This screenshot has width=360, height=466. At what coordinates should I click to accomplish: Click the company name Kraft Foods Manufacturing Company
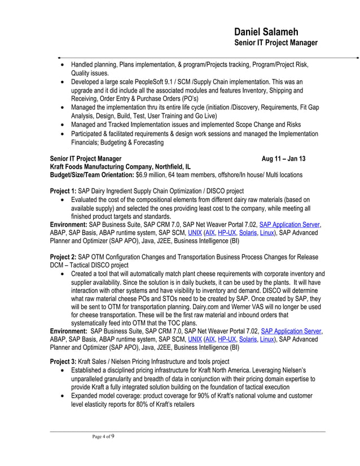109,167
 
